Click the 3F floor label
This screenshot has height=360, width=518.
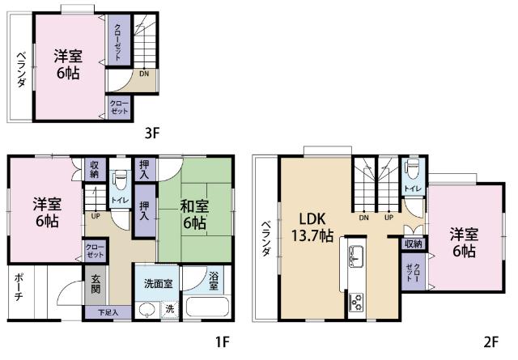click(152, 133)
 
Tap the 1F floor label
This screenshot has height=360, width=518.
click(223, 341)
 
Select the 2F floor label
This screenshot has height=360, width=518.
click(491, 341)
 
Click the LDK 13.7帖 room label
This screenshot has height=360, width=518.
click(312, 227)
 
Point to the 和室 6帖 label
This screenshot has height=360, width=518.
click(194, 214)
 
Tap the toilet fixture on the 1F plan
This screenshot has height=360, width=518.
click(120, 180)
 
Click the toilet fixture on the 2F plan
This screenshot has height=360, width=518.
click(413, 169)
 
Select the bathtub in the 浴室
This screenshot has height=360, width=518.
click(208, 307)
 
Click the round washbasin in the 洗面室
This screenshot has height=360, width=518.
click(147, 310)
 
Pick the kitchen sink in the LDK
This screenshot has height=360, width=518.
click(356, 256)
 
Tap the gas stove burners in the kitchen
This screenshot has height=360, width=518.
click(356, 303)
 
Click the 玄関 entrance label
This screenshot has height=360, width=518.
click(96, 285)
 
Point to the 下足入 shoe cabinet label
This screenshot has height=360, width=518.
click(108, 312)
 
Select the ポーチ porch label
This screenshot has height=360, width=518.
click(19, 286)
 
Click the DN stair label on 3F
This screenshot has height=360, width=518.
click(144, 74)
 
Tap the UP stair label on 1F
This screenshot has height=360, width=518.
click(96, 217)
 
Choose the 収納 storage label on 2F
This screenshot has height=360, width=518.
click(414, 244)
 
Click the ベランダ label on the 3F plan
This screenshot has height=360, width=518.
click(21, 70)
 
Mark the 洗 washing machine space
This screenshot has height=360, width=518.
click(169, 309)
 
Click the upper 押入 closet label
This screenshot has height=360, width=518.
click(144, 170)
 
